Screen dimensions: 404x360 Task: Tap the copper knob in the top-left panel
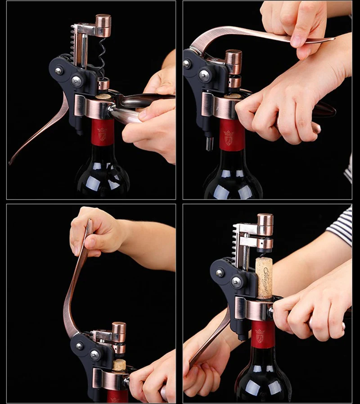pyautogui.click(x=103, y=23)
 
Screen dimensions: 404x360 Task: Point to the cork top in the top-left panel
pyautogui.click(x=103, y=96)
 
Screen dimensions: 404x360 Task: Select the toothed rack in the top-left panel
pyautogui.click(x=75, y=45)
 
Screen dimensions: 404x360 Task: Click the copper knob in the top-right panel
pyautogui.click(x=233, y=58)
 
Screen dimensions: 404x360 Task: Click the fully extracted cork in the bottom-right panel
pyautogui.click(x=264, y=277)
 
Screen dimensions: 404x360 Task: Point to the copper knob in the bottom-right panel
pyautogui.click(x=265, y=222)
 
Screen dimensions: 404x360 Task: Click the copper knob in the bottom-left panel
pyautogui.click(x=119, y=329)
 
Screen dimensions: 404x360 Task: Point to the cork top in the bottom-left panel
pyautogui.click(x=119, y=364)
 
